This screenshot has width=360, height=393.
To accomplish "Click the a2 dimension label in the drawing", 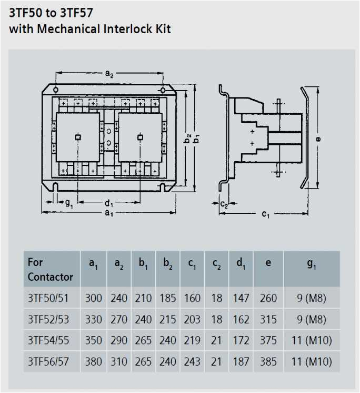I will pyautogui.click(x=109, y=75).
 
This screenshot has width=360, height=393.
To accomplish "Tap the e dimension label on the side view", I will pyautogui.click(x=321, y=139).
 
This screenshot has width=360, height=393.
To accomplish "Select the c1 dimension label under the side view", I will pyautogui.click(x=265, y=215).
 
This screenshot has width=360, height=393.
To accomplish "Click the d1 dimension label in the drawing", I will pyautogui.click(x=108, y=203).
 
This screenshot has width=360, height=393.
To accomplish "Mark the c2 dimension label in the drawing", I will pyautogui.click(x=224, y=204).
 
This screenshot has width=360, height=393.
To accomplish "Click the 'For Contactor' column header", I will pyautogui.click(x=51, y=269).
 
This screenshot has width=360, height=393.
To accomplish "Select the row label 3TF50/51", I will pyautogui.click(x=48, y=298).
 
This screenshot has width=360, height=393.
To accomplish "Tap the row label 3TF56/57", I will pyautogui.click(x=48, y=362).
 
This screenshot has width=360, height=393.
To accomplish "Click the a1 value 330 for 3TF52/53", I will pyautogui.click(x=94, y=319).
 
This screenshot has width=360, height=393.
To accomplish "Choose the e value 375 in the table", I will pyautogui.click(x=268, y=341).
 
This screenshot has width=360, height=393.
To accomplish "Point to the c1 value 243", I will pyautogui.click(x=192, y=362).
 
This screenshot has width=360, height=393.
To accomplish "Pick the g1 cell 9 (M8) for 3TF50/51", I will pyautogui.click(x=311, y=298).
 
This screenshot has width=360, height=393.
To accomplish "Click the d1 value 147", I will pyautogui.click(x=241, y=298).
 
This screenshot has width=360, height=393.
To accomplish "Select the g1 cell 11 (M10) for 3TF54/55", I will pyautogui.click(x=311, y=341).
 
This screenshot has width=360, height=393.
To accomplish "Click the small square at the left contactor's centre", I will pyautogui.click(x=77, y=137).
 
